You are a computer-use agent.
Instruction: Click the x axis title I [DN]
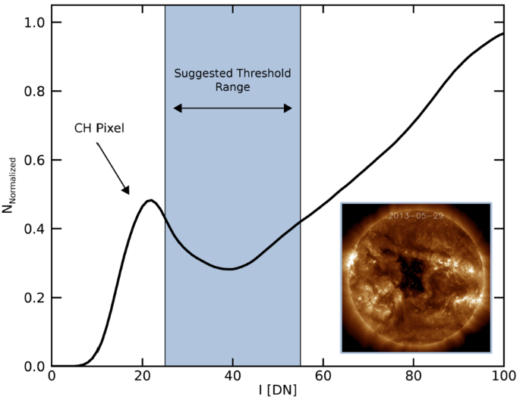point(277,390)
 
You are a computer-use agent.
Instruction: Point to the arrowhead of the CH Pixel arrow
point(128,192)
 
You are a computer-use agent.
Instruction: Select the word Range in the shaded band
point(232,87)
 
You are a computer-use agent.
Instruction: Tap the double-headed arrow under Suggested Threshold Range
point(232,108)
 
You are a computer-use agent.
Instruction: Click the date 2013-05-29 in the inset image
point(415,215)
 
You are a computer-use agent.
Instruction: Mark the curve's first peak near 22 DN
point(151,201)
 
